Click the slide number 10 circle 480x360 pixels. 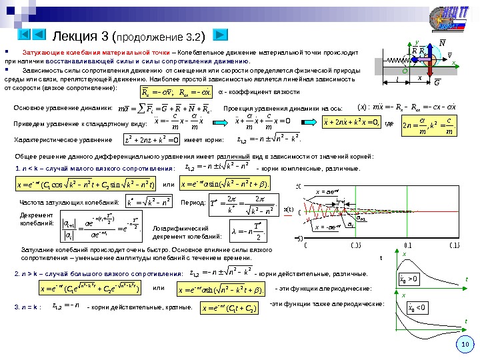click(x=465, y=344)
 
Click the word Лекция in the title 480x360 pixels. click(x=74, y=35)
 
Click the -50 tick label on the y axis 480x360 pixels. click(x=300, y=238)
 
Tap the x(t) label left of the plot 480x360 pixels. click(x=289, y=209)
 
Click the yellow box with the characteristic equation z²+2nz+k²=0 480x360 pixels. click(x=152, y=140)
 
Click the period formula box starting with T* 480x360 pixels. click(x=243, y=202)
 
